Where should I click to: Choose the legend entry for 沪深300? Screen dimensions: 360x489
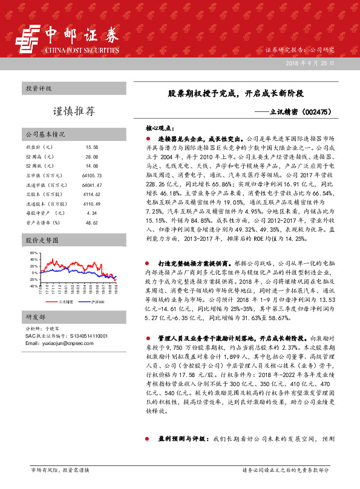pos(97,318)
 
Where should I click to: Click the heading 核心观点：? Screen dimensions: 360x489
pos(160,128)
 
